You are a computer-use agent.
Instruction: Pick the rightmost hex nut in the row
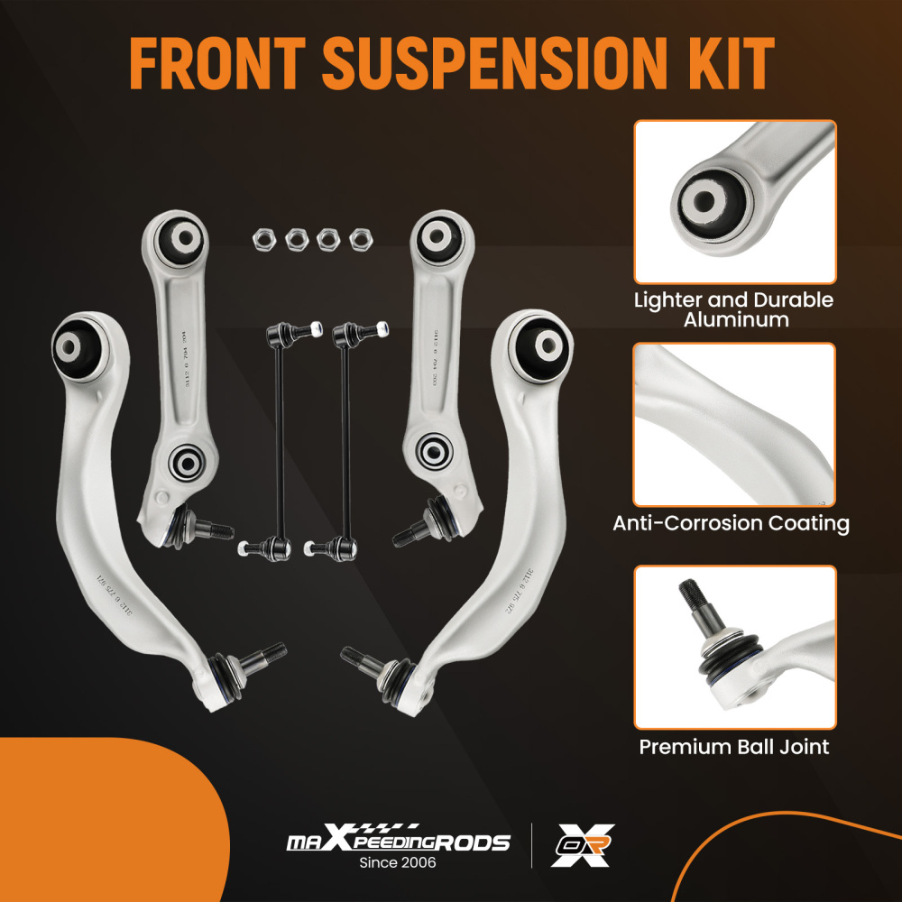point(360,238)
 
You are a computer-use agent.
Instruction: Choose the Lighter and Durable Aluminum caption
point(733,309)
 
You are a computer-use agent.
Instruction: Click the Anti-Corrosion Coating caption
point(731,523)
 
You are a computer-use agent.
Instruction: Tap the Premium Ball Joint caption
point(733,747)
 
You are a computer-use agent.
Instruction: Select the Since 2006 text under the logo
point(398,862)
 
